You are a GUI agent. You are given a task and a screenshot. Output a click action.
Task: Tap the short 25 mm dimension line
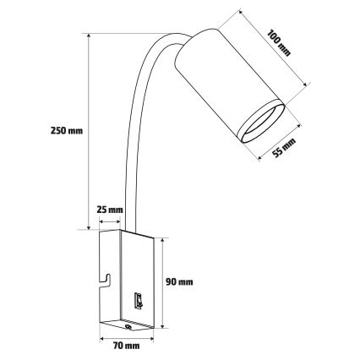point(109,221)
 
